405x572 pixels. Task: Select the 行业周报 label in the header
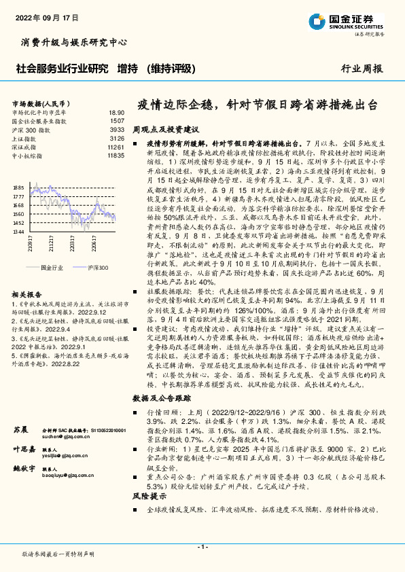(362, 68)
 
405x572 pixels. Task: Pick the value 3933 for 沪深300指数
(117, 129)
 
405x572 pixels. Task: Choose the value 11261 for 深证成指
(116, 147)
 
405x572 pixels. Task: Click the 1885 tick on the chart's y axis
(18, 187)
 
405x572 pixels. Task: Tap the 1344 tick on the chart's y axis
(18, 232)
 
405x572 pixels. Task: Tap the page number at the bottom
(202, 547)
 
